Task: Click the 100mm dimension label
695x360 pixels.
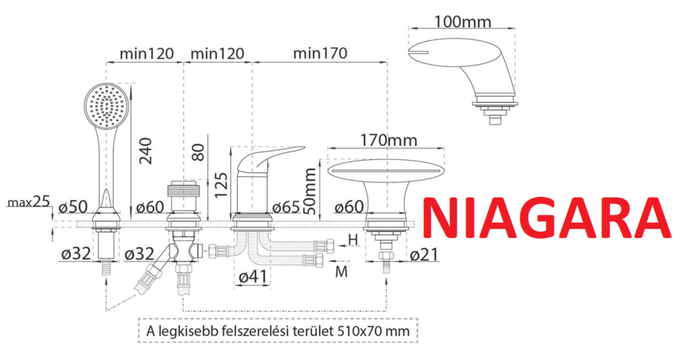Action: pyautogui.click(x=463, y=21)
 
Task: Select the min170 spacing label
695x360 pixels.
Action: pyautogui.click(x=320, y=53)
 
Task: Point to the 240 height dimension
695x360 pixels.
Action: pyautogui.click(x=146, y=151)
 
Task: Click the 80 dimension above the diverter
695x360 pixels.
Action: pyautogui.click(x=199, y=152)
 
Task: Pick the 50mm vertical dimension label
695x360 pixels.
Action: pyautogui.click(x=312, y=191)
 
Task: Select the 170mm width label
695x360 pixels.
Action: pyautogui.click(x=388, y=140)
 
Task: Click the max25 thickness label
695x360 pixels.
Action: pyautogui.click(x=28, y=202)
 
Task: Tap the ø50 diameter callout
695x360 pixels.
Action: pyautogui.click(x=73, y=206)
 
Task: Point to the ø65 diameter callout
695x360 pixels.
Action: pyautogui.click(x=286, y=206)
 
